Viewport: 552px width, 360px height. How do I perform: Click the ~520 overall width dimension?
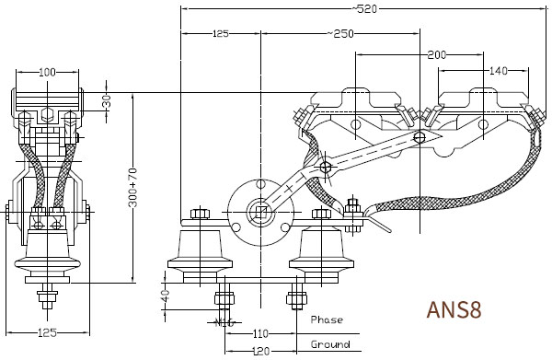pyautogui.click(x=364, y=9)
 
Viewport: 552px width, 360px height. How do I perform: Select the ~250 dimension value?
pyautogui.click(x=340, y=34)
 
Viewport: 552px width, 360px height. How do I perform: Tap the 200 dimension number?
pyautogui.click(x=436, y=55)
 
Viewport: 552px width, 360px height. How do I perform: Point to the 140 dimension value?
pyautogui.click(x=499, y=71)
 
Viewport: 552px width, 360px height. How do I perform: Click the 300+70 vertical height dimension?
pyautogui.click(x=132, y=188)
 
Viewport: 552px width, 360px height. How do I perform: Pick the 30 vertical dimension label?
pyautogui.click(x=107, y=101)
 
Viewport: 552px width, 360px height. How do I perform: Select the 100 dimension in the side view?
pyautogui.click(x=47, y=72)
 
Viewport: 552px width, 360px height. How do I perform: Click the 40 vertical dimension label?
pyautogui.click(x=165, y=295)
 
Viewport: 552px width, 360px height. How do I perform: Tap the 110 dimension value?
pyautogui.click(x=261, y=333)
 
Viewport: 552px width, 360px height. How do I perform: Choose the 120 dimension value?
pyautogui.click(x=261, y=351)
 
